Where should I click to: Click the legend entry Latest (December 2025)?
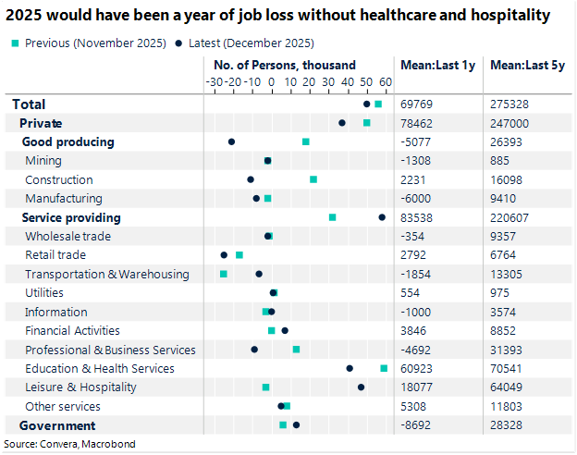point(252,43)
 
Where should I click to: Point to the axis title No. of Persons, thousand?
point(284,66)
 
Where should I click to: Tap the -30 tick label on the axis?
point(215,82)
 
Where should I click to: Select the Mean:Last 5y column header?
point(522,66)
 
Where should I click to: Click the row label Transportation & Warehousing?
point(106,274)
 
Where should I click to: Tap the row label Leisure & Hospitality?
point(80,387)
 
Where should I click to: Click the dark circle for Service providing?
point(382,217)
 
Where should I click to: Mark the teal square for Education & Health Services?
point(384,368)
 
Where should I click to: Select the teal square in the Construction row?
point(313,179)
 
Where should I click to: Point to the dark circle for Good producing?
point(231,141)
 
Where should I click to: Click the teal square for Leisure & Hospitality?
point(265,387)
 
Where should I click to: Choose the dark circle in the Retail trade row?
point(224,255)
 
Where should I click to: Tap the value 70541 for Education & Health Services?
point(508,368)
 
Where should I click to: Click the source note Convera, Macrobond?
point(70,444)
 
